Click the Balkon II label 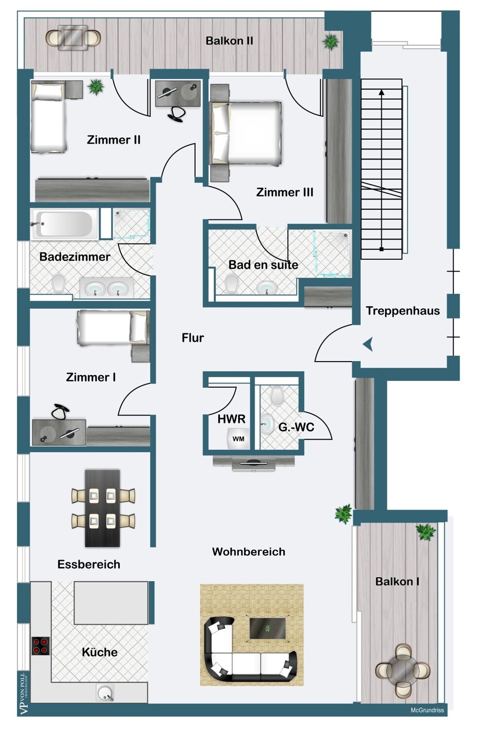[229, 41]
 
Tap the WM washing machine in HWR [238, 438]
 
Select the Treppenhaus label [403, 310]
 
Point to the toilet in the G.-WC [277, 396]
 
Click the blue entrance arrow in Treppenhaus [368, 344]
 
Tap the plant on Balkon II [331, 42]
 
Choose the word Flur [193, 338]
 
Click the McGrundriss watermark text [427, 710]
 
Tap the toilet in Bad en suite [232, 283]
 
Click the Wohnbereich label [248, 551]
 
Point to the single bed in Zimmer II [48, 116]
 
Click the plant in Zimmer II [96, 87]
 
